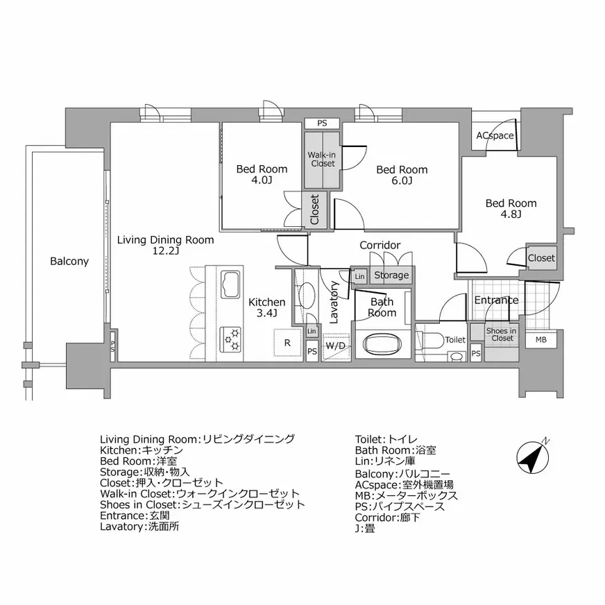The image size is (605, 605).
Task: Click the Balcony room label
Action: point(69,262)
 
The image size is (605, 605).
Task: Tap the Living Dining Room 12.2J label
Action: point(165,246)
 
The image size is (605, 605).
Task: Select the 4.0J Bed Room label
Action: point(262,175)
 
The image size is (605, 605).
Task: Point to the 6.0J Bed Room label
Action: point(402,175)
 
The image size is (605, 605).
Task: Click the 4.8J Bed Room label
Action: point(511,209)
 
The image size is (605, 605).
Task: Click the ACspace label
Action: point(495,136)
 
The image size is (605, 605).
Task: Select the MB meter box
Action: point(540,340)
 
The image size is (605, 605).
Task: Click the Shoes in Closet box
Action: point(500,334)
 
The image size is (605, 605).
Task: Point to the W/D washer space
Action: point(336,346)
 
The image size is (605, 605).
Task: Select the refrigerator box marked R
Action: point(287,343)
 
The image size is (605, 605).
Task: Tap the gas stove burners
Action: point(231,338)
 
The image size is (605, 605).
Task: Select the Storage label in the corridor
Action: point(391,275)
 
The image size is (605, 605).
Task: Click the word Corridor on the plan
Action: point(380,246)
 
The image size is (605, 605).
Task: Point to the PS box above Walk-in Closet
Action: point(322,123)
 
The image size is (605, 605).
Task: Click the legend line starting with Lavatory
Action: point(144,527)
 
